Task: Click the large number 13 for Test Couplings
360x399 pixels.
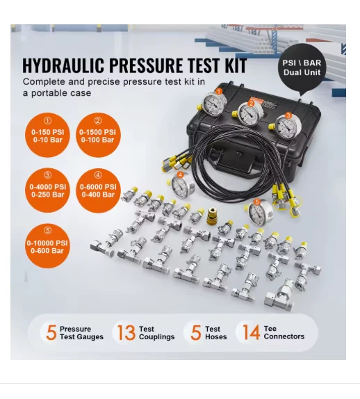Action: click(x=126, y=332)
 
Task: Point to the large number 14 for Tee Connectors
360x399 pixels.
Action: click(x=250, y=332)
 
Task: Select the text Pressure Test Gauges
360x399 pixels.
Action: click(x=81, y=333)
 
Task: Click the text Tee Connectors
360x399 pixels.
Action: click(x=284, y=333)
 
